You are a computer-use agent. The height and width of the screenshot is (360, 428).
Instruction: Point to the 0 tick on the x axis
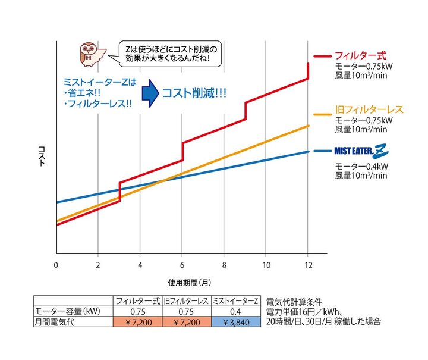(56, 264)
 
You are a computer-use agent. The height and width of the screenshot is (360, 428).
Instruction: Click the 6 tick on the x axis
(182, 264)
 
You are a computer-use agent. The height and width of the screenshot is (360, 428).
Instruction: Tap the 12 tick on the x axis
(307, 264)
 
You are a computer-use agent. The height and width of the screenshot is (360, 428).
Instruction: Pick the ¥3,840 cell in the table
(235, 322)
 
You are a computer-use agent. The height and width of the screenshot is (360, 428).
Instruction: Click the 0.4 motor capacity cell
(235, 311)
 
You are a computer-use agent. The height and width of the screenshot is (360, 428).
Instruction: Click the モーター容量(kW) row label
(61, 311)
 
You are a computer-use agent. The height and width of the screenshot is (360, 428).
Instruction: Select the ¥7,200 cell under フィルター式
(138, 322)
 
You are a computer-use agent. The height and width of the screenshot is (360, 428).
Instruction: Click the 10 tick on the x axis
(266, 264)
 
